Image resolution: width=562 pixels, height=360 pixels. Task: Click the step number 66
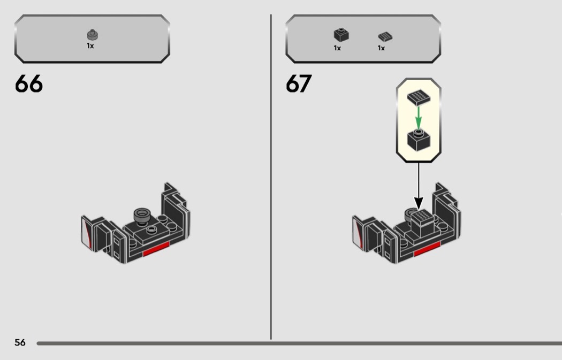(29, 84)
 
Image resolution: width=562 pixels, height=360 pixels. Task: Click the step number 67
(298, 84)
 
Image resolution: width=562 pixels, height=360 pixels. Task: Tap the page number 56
(20, 342)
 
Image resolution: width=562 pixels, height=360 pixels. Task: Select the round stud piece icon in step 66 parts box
(92, 35)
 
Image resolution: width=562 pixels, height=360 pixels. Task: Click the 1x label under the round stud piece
(90, 46)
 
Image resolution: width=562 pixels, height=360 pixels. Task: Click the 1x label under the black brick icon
(337, 48)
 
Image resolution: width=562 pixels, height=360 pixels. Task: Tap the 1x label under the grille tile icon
(381, 48)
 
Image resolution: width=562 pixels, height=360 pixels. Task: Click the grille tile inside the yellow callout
(419, 97)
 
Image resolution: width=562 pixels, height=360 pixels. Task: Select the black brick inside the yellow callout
(419, 140)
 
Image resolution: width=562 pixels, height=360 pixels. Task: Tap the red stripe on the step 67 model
(427, 249)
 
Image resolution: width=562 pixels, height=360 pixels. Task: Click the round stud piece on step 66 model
(142, 215)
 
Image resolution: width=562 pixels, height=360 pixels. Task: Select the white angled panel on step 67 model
(357, 232)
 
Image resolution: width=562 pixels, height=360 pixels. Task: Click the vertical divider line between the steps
(271, 177)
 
